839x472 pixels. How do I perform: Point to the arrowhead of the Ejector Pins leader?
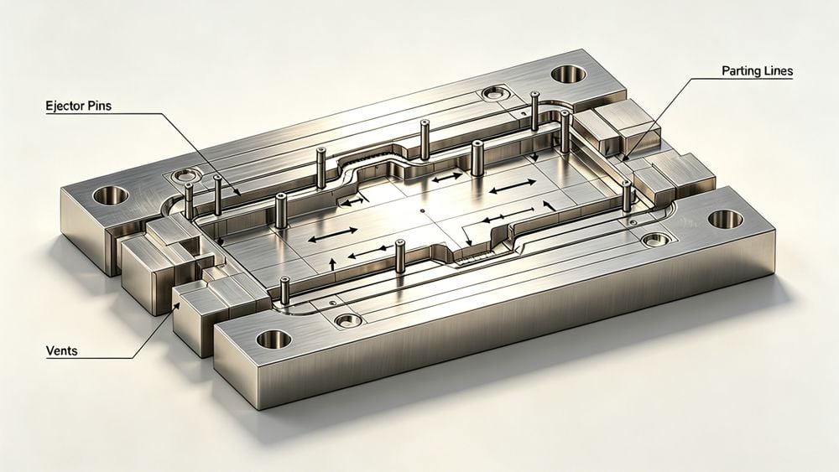[x=240, y=195]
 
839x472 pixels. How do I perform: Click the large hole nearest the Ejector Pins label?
[x=111, y=196]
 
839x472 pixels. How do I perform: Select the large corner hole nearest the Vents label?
[x=273, y=339]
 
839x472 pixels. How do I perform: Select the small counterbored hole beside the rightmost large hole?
[x=650, y=240]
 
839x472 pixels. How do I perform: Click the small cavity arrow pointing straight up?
[x=333, y=264]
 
